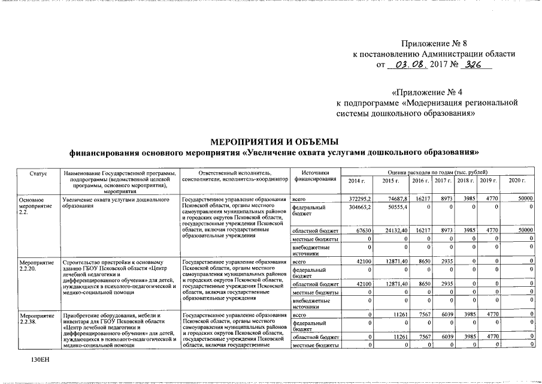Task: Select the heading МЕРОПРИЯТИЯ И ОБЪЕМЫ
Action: [x=275, y=142]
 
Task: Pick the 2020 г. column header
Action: [x=516, y=181]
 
